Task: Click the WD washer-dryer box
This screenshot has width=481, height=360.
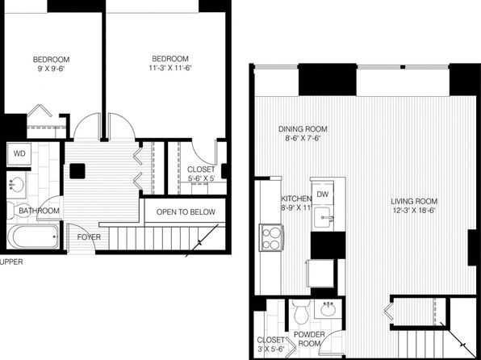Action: click(x=19, y=153)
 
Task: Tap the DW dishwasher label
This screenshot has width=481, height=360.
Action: click(x=322, y=194)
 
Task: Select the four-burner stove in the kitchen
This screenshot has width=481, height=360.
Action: click(x=271, y=238)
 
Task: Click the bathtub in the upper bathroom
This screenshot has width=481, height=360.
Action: click(x=33, y=237)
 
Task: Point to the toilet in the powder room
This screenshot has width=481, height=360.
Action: click(x=300, y=312)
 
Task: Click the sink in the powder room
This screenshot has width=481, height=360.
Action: click(x=328, y=309)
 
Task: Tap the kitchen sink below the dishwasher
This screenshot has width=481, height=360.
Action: click(x=323, y=217)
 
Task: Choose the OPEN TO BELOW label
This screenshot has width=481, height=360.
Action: click(x=186, y=211)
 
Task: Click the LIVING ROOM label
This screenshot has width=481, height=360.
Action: click(x=414, y=201)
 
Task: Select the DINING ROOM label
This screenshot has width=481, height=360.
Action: click(x=303, y=129)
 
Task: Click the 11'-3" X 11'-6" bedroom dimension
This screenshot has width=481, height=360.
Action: click(x=170, y=68)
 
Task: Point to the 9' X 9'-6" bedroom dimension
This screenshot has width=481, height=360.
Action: click(x=51, y=69)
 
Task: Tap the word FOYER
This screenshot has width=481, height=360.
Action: click(x=89, y=237)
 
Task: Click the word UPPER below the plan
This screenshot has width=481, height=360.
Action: click(x=11, y=262)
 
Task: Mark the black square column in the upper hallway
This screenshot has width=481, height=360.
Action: click(x=77, y=171)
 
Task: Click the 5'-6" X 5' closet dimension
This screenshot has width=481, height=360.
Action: click(x=201, y=178)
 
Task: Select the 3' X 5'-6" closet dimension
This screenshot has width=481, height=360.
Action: click(x=271, y=349)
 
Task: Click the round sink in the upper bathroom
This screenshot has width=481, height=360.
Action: click(x=15, y=185)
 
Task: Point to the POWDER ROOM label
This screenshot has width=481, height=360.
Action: click(x=309, y=339)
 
